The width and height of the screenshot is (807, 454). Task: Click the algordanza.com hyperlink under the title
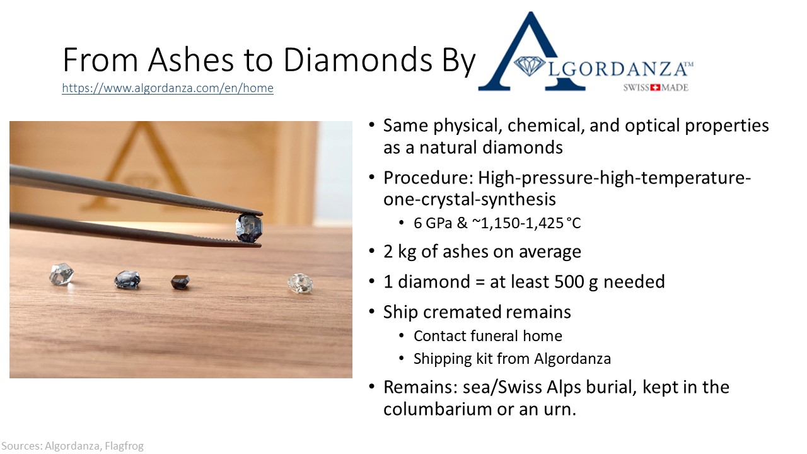(x=168, y=88)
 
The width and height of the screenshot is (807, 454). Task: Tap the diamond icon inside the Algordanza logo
(x=529, y=66)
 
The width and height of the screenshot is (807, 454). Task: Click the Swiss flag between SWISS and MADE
(x=654, y=88)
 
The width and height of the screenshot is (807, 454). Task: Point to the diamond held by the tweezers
(x=249, y=228)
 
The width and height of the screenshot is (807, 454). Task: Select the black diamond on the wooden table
(x=180, y=282)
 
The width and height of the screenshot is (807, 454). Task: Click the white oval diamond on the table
(x=300, y=282)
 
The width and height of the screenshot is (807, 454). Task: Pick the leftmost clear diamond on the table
(x=61, y=274)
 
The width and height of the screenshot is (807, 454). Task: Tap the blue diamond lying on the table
(x=127, y=280)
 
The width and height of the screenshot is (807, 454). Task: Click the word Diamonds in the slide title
(x=357, y=59)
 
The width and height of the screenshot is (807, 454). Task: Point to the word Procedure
(x=428, y=178)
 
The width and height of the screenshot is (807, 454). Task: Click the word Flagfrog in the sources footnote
(x=124, y=446)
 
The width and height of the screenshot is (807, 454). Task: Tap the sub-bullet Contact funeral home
(x=488, y=336)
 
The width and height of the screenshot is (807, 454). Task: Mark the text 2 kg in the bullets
(x=400, y=252)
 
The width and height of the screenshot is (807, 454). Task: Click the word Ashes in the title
(x=191, y=59)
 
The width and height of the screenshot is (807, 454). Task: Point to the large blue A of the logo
(x=531, y=52)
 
